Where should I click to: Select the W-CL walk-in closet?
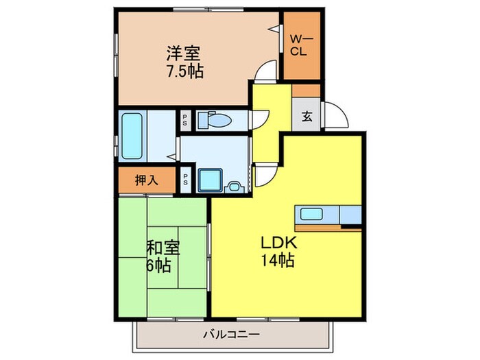(x=301, y=46)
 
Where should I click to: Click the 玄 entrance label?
(x=305, y=115)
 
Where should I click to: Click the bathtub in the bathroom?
(x=132, y=134)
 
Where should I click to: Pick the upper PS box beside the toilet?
(x=185, y=121)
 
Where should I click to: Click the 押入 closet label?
(x=146, y=180)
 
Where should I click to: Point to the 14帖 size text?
(x=276, y=261)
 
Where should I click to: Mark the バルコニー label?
(x=230, y=335)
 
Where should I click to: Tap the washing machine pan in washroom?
(x=209, y=180)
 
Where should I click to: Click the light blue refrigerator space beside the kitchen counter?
(x=350, y=215)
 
